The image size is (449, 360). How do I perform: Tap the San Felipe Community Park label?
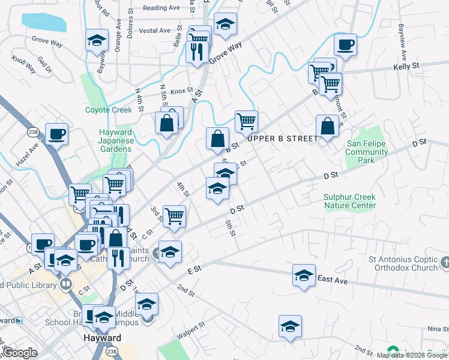367,152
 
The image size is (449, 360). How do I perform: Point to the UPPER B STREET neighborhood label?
282,139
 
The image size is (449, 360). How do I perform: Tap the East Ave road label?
333,279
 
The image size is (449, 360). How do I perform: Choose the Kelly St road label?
406,67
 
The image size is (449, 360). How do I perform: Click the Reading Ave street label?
161,8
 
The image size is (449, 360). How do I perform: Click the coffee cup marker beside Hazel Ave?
57,134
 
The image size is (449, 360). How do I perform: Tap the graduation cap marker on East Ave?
304,275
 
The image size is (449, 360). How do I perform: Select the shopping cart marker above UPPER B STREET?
246,121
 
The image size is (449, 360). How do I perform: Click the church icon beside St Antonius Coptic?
444,262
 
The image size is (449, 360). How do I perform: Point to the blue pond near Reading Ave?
44,22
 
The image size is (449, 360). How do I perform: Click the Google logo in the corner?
20,353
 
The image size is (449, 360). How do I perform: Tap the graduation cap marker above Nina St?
290,326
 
